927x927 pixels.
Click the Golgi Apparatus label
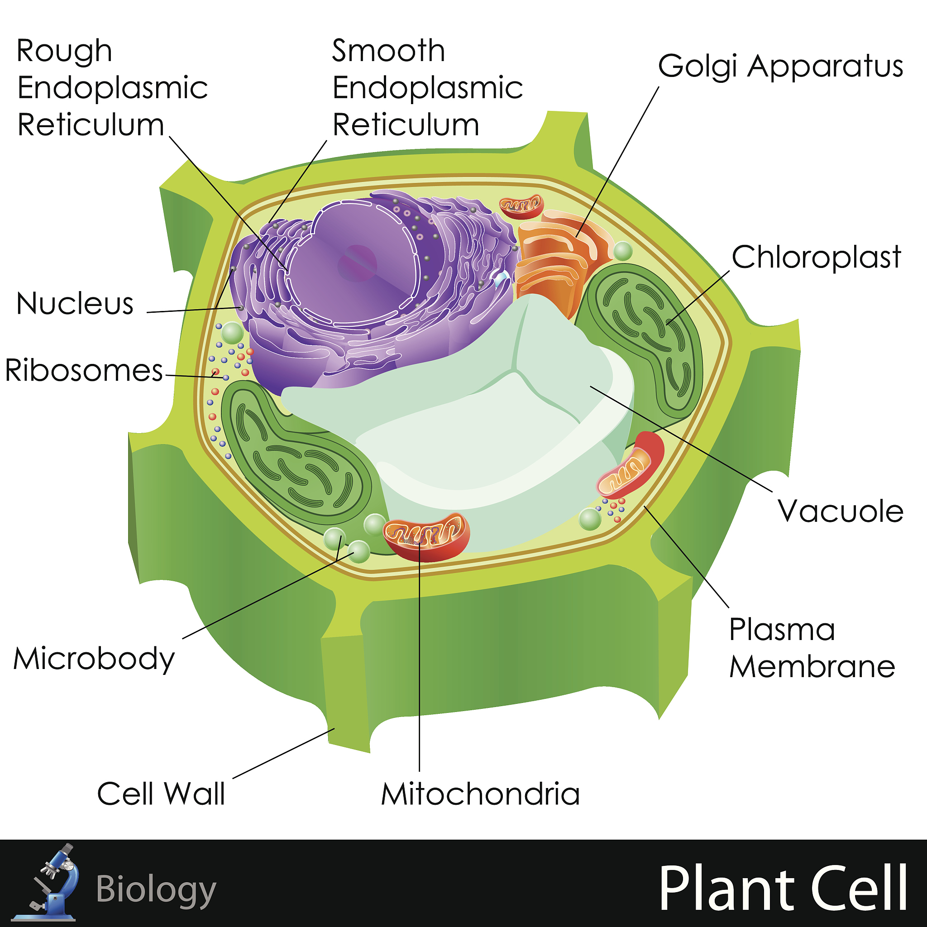pos(780,66)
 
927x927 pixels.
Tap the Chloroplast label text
pos(816,258)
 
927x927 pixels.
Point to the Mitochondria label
pos(480,794)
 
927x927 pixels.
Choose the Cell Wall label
pos(161,793)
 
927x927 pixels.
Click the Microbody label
pos(94,659)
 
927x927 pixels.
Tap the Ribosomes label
pos(84,370)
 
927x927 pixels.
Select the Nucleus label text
pos(75,304)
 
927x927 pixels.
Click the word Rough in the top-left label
pos(64,51)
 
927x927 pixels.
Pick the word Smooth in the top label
pos(388,51)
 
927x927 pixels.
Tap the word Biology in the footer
pos(156,889)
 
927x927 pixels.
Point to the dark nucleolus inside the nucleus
pos(357,263)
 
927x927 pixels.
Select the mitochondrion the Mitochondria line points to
pos(426,536)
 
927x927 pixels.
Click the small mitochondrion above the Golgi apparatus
pos(521,206)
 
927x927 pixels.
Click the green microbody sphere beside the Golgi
pos(623,251)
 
